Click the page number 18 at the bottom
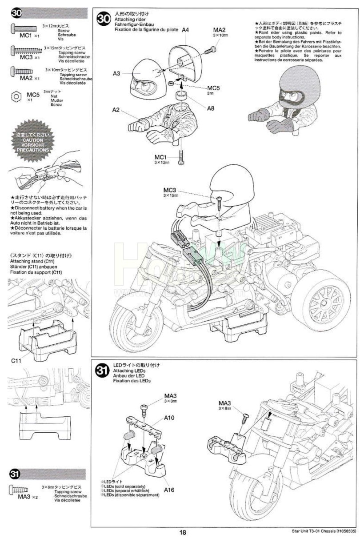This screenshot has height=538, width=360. pos(183,533)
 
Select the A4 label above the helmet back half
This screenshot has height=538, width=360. pos(185,30)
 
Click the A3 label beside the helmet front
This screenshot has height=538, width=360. pos(116,74)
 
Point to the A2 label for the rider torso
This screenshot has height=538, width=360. pos(116,109)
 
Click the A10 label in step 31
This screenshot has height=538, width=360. pos(169,418)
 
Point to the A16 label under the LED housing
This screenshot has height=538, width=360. pos(168,490)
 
